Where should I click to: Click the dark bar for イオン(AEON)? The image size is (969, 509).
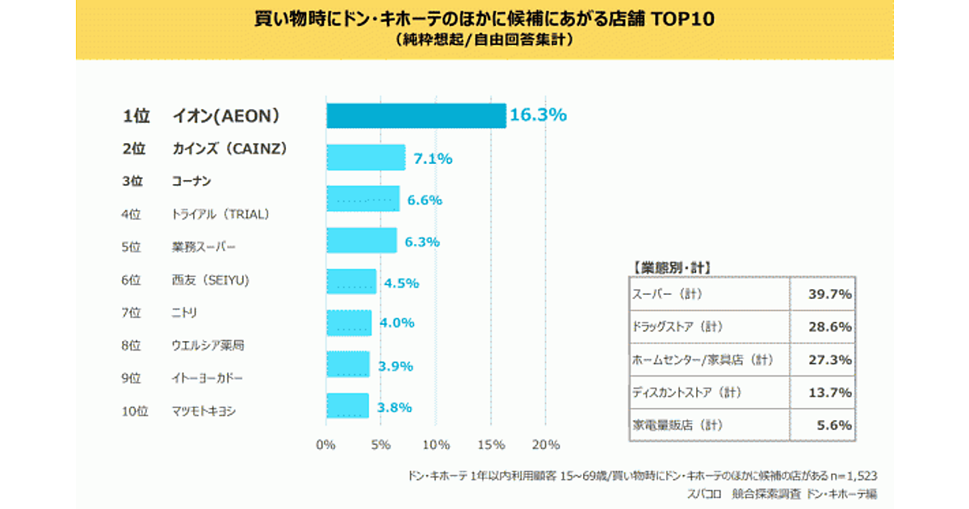(x=416, y=116)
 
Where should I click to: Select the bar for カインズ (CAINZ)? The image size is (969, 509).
(x=366, y=158)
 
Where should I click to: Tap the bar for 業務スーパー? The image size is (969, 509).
(x=362, y=241)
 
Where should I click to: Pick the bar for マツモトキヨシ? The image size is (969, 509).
(x=348, y=406)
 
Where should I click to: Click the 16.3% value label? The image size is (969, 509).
(x=538, y=116)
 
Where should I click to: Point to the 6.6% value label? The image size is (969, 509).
(x=425, y=200)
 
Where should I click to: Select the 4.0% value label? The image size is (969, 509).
(x=396, y=323)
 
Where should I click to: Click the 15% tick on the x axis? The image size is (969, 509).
(x=491, y=445)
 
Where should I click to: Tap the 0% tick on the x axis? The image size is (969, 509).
(x=326, y=445)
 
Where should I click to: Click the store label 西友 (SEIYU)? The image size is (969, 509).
(x=211, y=280)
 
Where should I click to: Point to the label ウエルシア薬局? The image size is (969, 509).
(x=208, y=346)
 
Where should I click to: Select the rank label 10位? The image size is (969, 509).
(x=135, y=411)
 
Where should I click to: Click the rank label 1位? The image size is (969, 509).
(x=136, y=116)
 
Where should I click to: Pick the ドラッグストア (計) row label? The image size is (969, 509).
(x=677, y=327)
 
